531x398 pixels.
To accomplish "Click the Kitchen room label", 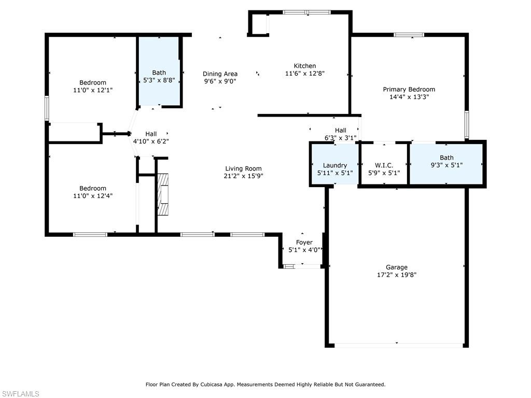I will click(305, 66).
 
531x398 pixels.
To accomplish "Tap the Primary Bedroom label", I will click(409, 89).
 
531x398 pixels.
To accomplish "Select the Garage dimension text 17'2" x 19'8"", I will click(397, 275).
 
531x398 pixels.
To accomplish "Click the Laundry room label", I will click(334, 165).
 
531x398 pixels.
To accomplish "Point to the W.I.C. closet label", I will click(384, 165).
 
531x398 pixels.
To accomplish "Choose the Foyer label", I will click(304, 243).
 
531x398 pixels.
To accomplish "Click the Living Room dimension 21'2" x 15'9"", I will click(243, 176).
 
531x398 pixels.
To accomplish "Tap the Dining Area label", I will click(220, 74).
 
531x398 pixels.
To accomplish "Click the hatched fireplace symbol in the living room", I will click(163, 194).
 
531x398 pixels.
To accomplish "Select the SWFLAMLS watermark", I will click(20, 394).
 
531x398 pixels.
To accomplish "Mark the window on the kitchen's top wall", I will click(306, 12).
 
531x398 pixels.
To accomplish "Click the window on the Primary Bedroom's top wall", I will click(409, 35).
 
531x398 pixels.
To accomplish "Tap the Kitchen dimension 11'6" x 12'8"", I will click(305, 74).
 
